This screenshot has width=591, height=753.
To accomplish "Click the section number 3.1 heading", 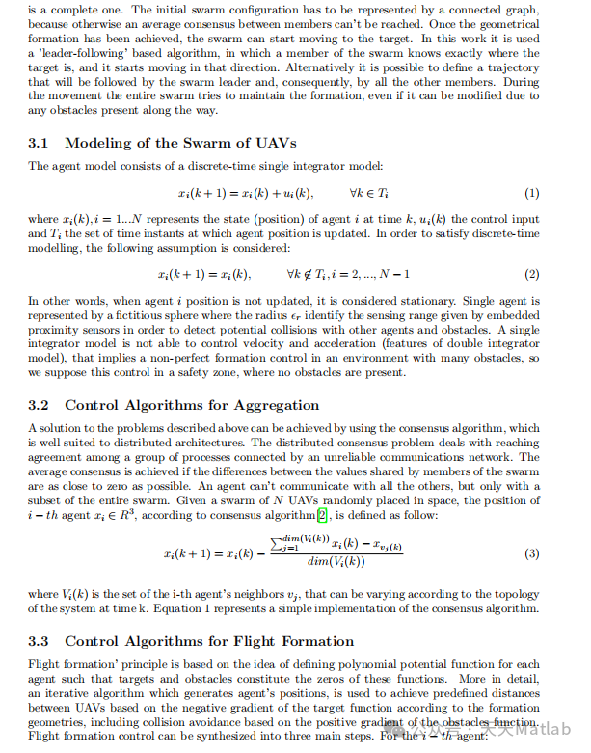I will click(x=40, y=144).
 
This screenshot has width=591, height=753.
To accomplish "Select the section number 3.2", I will click(x=40, y=406).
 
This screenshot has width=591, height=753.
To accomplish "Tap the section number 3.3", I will click(x=40, y=641).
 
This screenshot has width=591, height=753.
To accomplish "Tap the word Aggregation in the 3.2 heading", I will click(x=274, y=406).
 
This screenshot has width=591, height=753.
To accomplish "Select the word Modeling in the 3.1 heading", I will click(x=101, y=144).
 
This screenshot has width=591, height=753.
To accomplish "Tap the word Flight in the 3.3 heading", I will click(x=240, y=641).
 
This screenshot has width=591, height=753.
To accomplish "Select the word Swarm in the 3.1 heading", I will click(x=211, y=144).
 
